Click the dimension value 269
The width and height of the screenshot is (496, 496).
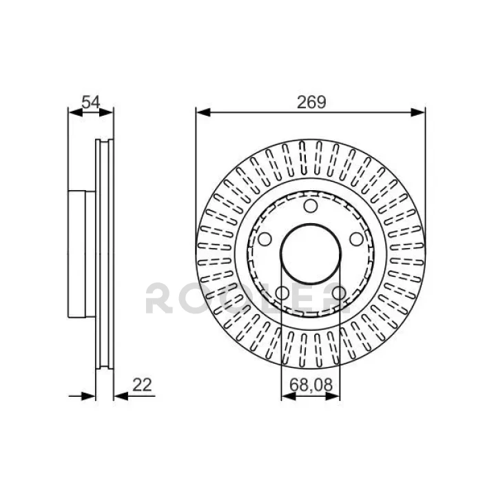click(311, 102)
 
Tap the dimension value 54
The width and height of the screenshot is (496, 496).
click(91, 102)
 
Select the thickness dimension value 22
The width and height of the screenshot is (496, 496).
click(142, 385)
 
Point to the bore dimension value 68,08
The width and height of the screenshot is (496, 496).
click(311, 385)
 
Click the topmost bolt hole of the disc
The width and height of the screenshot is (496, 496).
click(311, 206)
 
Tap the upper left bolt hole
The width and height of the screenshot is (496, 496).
click(265, 239)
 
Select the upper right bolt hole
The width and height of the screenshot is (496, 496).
click(357, 239)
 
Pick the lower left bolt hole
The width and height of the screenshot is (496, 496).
click(282, 293)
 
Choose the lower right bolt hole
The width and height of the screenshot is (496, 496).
click(339, 293)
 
